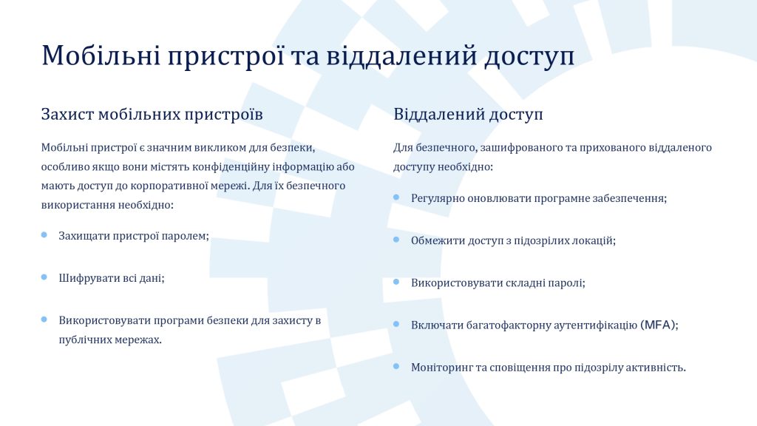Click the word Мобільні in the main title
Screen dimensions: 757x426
pyautogui.click(x=101, y=55)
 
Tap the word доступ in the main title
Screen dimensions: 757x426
pyautogui.click(x=529, y=57)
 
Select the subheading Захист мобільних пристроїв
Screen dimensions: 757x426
pyautogui.click(x=152, y=115)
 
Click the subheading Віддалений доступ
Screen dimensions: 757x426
pyautogui.click(x=468, y=115)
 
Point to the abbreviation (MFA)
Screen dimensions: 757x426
pyautogui.click(x=659, y=325)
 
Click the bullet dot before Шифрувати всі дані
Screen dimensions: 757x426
pyautogui.click(x=44, y=277)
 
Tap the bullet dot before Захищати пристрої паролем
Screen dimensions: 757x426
pyautogui.click(x=44, y=234)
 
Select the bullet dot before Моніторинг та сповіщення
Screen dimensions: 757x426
pyautogui.click(x=396, y=367)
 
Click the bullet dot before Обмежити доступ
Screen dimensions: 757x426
pyautogui.click(x=396, y=240)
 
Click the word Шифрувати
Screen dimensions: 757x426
pyautogui.click(x=83, y=279)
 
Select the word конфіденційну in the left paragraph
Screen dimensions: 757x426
pyautogui.click(x=231, y=167)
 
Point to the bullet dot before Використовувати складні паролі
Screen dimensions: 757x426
pyautogui.click(x=396, y=282)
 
